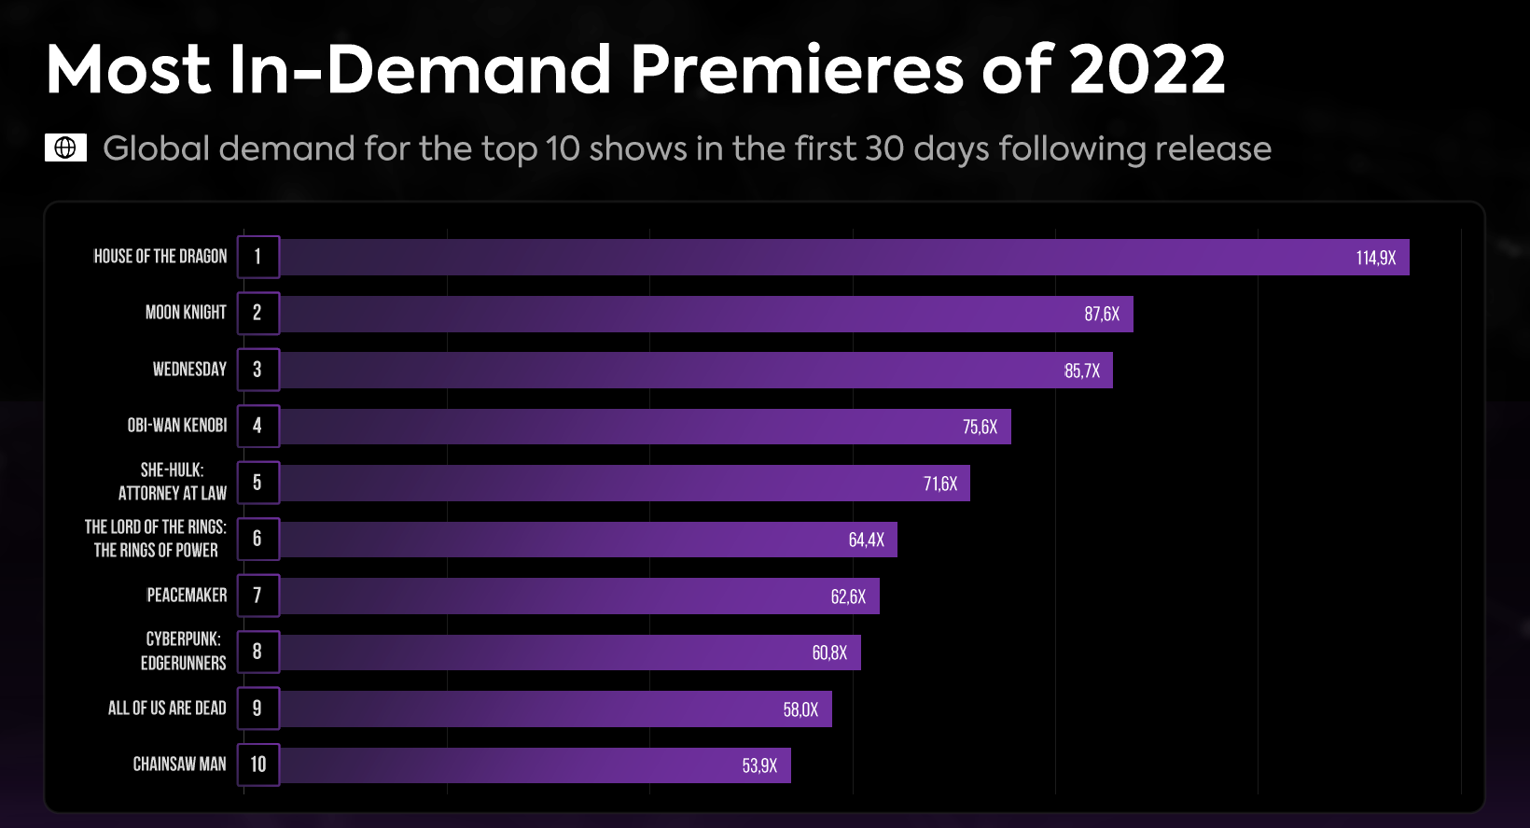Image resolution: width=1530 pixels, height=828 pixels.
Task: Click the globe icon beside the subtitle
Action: tap(65, 147)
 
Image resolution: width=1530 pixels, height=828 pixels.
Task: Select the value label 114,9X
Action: tap(1375, 258)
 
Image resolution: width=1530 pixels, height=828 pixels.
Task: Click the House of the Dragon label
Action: tap(160, 257)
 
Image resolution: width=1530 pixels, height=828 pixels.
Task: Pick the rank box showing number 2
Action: tap(257, 313)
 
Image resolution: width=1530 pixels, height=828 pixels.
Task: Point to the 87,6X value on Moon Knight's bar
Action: tap(1101, 315)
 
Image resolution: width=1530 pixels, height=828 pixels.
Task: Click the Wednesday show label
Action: tap(189, 370)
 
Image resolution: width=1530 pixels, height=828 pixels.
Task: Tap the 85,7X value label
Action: tap(1081, 371)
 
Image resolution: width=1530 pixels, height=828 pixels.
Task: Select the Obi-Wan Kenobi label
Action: tap(177, 426)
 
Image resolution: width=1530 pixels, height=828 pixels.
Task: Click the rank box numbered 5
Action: tap(257, 483)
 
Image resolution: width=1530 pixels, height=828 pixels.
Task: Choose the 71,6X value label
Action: tap(939, 484)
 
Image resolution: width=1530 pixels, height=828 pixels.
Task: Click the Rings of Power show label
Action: tap(156, 539)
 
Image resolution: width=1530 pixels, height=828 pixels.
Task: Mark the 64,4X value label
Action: tap(866, 540)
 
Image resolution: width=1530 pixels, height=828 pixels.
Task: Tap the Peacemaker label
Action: tap(187, 596)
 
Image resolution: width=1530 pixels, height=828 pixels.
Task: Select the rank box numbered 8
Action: tap(257, 652)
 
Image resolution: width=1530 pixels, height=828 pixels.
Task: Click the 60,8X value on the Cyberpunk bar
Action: tap(828, 653)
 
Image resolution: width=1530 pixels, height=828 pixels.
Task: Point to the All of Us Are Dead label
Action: tap(167, 709)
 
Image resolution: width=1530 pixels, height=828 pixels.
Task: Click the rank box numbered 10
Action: tap(257, 765)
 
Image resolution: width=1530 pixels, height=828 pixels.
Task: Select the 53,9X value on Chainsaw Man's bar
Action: tap(758, 766)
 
